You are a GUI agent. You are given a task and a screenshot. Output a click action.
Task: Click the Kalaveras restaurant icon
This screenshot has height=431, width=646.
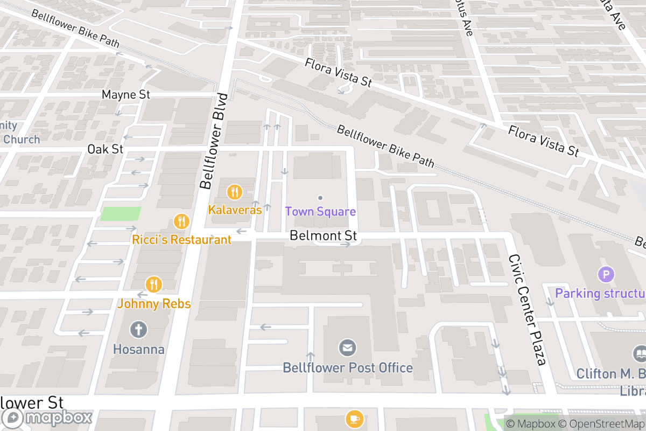click(234, 191)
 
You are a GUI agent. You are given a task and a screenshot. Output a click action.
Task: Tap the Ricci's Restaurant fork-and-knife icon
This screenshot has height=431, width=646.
click(181, 221)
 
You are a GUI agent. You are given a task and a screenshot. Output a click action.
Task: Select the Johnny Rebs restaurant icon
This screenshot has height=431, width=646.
click(154, 284)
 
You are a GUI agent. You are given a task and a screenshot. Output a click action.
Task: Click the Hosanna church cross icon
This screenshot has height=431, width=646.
click(138, 329)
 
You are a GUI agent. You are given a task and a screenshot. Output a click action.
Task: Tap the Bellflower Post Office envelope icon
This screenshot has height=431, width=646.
click(347, 347)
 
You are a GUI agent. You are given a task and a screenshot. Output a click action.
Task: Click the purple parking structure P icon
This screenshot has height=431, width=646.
click(606, 275)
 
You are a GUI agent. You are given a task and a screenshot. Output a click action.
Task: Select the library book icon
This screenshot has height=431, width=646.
click(640, 353)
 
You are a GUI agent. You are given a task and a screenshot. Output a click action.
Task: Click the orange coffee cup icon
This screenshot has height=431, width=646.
click(354, 418)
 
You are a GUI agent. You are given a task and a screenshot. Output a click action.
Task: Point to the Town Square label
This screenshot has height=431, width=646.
click(320, 212)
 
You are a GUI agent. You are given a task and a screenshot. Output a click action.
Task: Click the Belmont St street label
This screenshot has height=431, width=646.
click(323, 236)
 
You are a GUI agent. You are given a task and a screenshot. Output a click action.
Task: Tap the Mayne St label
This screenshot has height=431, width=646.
click(125, 95)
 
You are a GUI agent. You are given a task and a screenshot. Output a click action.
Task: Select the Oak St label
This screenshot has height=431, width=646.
click(106, 149)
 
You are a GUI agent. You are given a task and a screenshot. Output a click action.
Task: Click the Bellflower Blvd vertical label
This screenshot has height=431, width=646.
click(214, 141)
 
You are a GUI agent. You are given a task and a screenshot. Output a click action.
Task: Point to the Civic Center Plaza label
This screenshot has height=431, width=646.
click(528, 310)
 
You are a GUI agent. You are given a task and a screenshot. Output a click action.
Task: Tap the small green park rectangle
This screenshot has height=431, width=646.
click(121, 213)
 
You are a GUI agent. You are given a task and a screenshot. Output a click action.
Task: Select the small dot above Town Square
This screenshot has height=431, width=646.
click(320, 198)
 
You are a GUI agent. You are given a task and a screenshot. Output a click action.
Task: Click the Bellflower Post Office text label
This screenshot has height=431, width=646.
click(348, 368)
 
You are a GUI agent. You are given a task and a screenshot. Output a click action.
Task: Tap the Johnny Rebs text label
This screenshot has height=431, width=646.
click(154, 304)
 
